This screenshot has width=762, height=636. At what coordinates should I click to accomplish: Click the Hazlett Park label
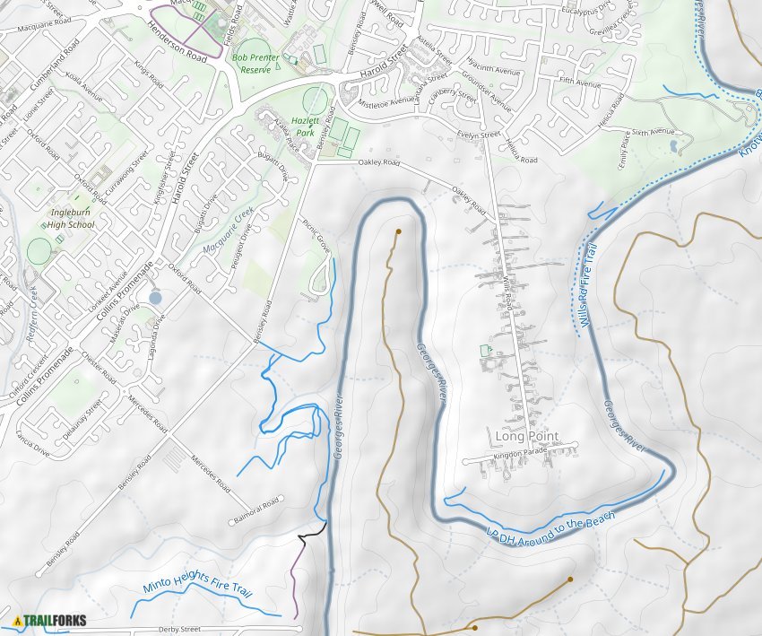307,126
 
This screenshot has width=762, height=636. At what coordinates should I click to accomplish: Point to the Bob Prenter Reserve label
251,63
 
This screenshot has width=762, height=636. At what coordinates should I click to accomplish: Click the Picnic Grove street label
316,235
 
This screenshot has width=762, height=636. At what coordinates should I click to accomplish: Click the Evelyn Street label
478,134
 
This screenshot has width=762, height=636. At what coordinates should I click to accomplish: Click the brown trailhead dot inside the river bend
397,231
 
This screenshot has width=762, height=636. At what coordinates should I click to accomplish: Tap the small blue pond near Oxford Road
156,297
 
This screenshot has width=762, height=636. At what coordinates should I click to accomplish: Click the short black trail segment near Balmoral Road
310,531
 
